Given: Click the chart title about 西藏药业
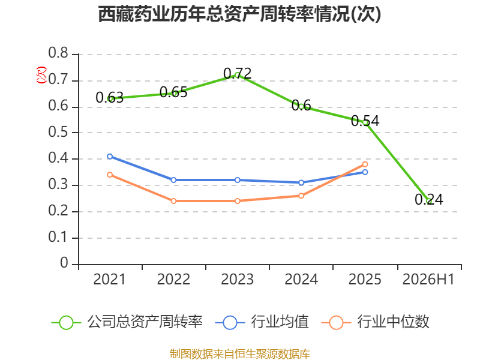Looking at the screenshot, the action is tap(239, 14).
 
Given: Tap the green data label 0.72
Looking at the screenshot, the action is tap(237, 73).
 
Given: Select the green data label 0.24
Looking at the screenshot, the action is tap(429, 200).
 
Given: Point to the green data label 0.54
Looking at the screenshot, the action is tap(365, 121).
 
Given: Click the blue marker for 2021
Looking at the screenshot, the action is tap(110, 157).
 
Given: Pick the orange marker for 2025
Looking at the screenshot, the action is tap(365, 164).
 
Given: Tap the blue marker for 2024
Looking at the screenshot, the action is tap(301, 183).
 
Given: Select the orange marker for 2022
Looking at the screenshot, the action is tap(173, 201).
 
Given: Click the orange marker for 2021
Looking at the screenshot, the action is tap(110, 175).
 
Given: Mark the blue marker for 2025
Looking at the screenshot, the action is tap(365, 172).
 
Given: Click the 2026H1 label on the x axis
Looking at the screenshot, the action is tap(428, 279).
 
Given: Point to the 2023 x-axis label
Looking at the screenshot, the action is tap(237, 279).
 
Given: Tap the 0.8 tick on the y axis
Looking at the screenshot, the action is tap(58, 53).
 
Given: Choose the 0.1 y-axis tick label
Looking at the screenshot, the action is tap(58, 237).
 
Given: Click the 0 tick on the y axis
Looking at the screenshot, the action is tap(64, 263).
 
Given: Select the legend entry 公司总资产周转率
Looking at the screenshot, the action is tap(127, 322).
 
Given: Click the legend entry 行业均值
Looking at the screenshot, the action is tap(262, 322).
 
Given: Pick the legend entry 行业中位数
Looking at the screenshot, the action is tap(376, 322).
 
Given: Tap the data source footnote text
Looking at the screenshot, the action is tap(239, 353).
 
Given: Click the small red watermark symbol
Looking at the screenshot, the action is tap(41, 75).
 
